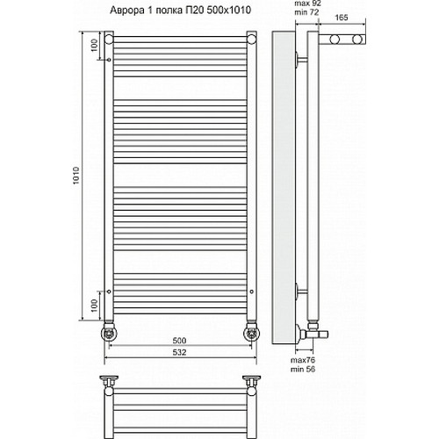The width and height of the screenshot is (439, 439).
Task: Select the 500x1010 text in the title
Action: (x=229, y=11)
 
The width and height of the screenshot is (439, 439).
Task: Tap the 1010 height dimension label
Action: (x=76, y=176)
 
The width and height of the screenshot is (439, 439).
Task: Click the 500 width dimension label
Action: (x=179, y=341)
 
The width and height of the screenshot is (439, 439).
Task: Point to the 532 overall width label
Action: (x=179, y=352)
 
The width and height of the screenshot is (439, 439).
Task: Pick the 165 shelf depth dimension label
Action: (x=342, y=18)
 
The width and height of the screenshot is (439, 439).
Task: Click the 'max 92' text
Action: (x=307, y=4)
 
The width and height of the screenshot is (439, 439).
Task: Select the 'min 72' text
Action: (x=306, y=12)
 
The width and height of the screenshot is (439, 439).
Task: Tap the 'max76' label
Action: (x=303, y=360)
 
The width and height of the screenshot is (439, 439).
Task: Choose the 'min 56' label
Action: (x=303, y=370)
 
